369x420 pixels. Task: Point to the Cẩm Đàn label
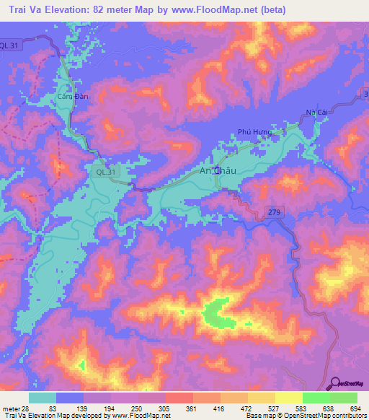[x=72, y=96]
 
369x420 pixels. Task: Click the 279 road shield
[x=280, y=211]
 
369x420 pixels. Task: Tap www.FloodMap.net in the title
[x=221, y=10]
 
